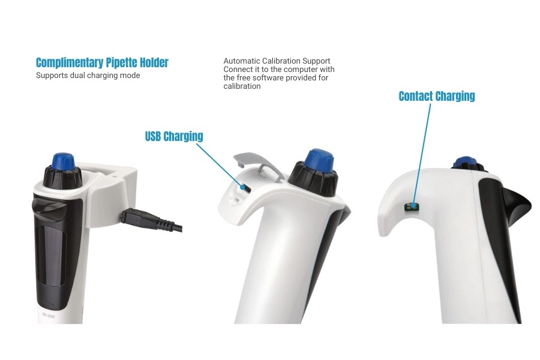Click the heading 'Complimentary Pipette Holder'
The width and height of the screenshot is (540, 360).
(x=102, y=62)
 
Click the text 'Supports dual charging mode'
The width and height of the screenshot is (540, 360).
(x=88, y=76)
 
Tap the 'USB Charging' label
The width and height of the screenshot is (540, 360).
(x=174, y=136)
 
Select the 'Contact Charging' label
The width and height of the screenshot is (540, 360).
(x=437, y=96)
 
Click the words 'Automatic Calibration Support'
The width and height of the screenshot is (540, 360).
(x=277, y=61)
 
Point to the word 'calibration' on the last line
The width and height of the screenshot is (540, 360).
(x=242, y=86)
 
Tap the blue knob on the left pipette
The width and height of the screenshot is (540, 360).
(x=63, y=161)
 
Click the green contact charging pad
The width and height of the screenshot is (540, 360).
(x=412, y=207)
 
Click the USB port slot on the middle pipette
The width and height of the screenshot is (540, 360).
(x=245, y=188)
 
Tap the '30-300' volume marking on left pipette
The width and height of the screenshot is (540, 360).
(x=48, y=314)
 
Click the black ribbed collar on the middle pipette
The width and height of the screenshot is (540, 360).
(x=313, y=180)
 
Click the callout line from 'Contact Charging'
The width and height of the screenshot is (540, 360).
(x=421, y=154)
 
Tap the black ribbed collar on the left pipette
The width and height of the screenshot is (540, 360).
(x=62, y=177)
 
